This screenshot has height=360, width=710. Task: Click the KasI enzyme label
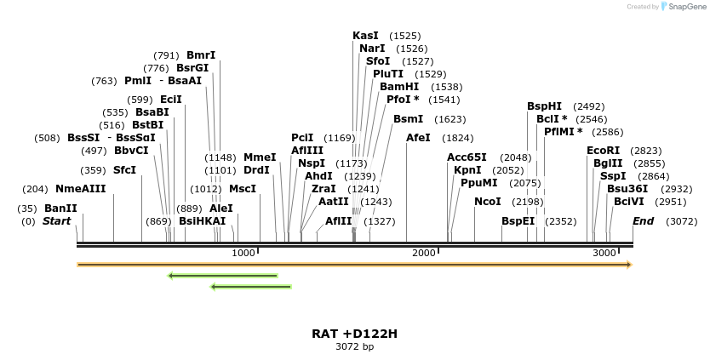pyautogui.click(x=365, y=36)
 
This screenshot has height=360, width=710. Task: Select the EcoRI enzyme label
pyautogui.click(x=603, y=151)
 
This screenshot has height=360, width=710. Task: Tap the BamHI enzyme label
pyautogui.click(x=399, y=87)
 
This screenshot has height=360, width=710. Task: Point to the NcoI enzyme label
pyautogui.click(x=488, y=202)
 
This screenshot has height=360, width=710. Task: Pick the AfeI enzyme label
pyautogui.click(x=418, y=138)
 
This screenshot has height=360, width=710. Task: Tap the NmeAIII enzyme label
pyautogui.click(x=81, y=189)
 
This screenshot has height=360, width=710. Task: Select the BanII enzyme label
pyautogui.click(x=60, y=209)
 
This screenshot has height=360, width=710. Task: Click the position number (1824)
pyautogui.click(x=458, y=138)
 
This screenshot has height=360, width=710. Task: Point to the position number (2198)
pyautogui.click(x=527, y=202)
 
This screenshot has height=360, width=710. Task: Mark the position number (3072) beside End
pyautogui.click(x=681, y=221)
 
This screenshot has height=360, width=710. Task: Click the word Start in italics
pyautogui.click(x=57, y=221)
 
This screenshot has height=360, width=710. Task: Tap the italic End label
pyautogui.click(x=644, y=221)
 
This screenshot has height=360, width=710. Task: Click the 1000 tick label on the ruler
pyautogui.click(x=243, y=254)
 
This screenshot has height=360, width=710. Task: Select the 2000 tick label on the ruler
pyautogui.click(x=423, y=254)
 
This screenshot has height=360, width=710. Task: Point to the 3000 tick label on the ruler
pyautogui.click(x=604, y=254)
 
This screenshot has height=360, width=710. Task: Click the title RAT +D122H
pyautogui.click(x=354, y=334)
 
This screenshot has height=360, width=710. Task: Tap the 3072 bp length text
pyautogui.click(x=354, y=346)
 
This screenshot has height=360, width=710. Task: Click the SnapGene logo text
pyautogui.click(x=690, y=7)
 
